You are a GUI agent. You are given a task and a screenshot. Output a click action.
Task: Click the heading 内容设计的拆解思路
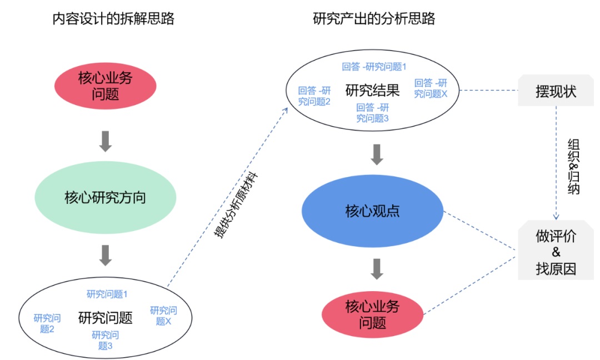(113, 19)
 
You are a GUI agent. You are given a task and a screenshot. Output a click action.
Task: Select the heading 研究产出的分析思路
(374, 19)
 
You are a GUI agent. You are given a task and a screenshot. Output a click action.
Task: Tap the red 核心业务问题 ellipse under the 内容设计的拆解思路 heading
(106, 85)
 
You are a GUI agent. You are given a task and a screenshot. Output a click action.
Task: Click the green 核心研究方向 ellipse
(106, 198)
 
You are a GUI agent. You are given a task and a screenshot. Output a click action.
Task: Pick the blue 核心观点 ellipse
(373, 211)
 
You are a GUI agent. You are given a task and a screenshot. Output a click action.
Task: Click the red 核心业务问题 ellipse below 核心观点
(372, 314)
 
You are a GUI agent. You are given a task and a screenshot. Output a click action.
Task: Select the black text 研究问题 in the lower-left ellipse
(106, 318)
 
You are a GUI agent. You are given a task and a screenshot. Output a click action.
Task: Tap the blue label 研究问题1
(107, 294)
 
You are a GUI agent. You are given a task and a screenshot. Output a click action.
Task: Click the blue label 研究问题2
(47, 323)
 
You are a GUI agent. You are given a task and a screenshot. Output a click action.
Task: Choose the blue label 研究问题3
(106, 340)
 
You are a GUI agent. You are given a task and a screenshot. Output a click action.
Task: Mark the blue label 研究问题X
(163, 316)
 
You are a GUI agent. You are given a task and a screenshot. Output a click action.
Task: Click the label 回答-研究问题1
(374, 67)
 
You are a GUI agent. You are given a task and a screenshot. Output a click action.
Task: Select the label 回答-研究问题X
(431, 88)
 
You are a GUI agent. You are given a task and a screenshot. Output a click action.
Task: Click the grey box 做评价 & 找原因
(556, 250)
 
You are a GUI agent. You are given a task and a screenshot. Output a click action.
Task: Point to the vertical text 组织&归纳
(574, 166)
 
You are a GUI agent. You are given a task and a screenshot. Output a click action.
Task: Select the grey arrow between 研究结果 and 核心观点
(377, 154)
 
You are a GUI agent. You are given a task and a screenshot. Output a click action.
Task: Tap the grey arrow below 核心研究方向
(106, 254)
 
